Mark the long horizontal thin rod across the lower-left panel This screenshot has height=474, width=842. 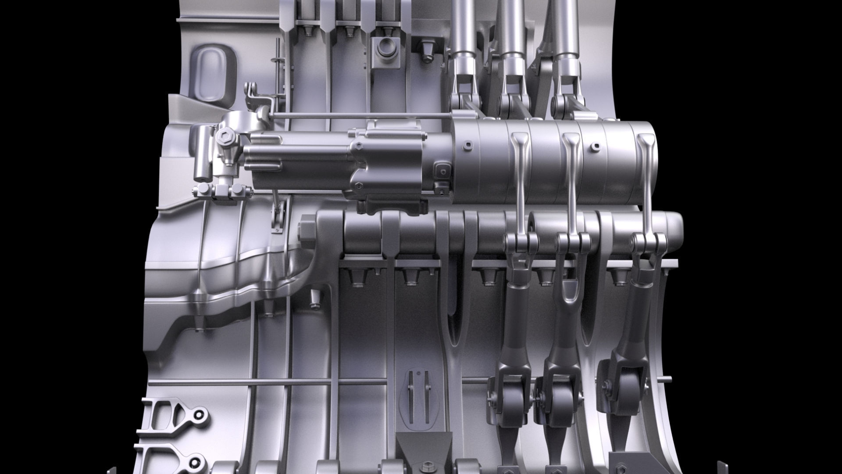click(263, 382)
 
